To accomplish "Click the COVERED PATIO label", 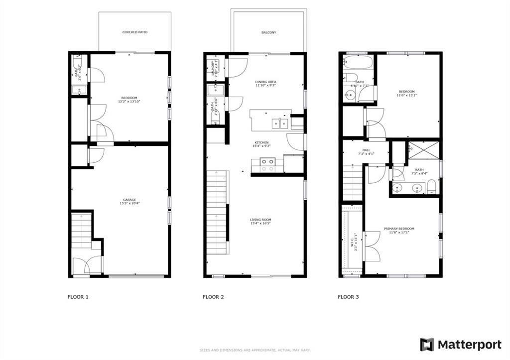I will tap(135, 32).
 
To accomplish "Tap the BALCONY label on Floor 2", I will tap(268, 33).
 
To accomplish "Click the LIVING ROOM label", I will tap(260, 220).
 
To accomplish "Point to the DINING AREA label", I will tap(265, 82).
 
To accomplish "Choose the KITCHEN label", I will tap(261, 143).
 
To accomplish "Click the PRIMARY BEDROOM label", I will tap(398, 229).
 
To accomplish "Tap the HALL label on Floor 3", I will tap(366, 150).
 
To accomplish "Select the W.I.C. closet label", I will tap(353, 240).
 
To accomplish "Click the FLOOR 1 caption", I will tap(78, 297).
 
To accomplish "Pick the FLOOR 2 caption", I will tap(213, 297).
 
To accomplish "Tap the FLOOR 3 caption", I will tap(348, 297).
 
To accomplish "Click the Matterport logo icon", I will tap(427, 345).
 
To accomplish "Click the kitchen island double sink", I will tap(279, 123).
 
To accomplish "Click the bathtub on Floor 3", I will tap(357, 63).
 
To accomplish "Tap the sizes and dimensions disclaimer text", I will tap(255, 351).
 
